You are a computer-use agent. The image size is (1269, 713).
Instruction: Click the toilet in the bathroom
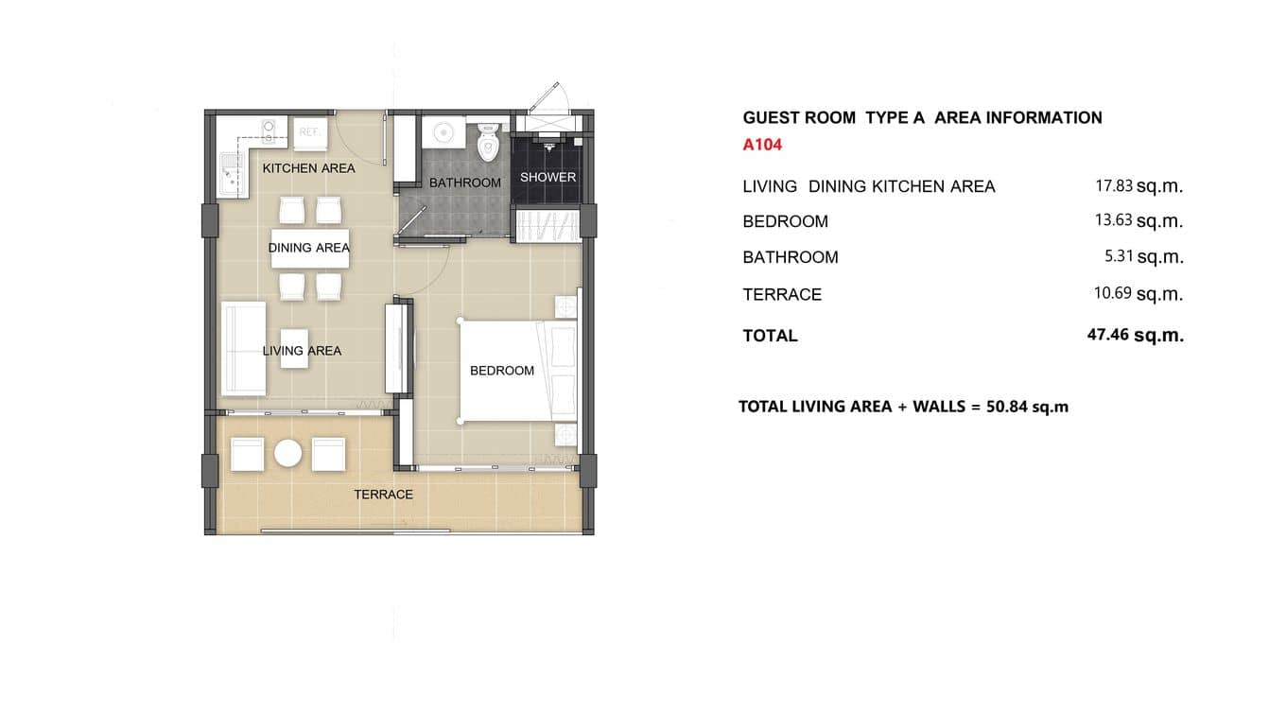(488, 142)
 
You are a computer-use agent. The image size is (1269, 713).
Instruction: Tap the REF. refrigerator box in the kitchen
(310, 133)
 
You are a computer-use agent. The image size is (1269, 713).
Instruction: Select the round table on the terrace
(287, 454)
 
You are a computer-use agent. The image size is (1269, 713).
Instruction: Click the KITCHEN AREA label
(308, 168)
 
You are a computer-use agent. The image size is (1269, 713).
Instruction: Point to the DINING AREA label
(309, 248)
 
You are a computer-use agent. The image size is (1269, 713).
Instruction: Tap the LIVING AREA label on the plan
(302, 351)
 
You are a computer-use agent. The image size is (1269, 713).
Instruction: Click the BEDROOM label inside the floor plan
(502, 371)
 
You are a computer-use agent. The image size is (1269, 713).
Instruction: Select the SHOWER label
(548, 177)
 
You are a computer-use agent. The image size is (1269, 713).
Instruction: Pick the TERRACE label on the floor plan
(383, 495)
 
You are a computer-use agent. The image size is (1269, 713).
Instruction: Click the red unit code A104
(762, 146)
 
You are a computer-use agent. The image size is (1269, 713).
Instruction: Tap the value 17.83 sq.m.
(1139, 186)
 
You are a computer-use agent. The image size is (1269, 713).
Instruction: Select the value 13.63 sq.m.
(1139, 221)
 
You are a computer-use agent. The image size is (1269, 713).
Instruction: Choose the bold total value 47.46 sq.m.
(1135, 335)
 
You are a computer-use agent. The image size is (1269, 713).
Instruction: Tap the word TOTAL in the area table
(770, 336)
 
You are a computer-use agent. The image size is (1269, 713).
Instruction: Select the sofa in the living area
(243, 349)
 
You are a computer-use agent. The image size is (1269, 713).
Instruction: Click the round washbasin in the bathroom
(440, 131)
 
